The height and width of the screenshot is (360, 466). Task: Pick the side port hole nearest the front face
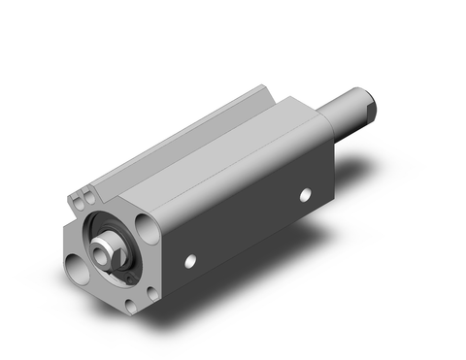pyautogui.click(x=191, y=259)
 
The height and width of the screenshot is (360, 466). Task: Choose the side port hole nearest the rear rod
pyautogui.click(x=305, y=195)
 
